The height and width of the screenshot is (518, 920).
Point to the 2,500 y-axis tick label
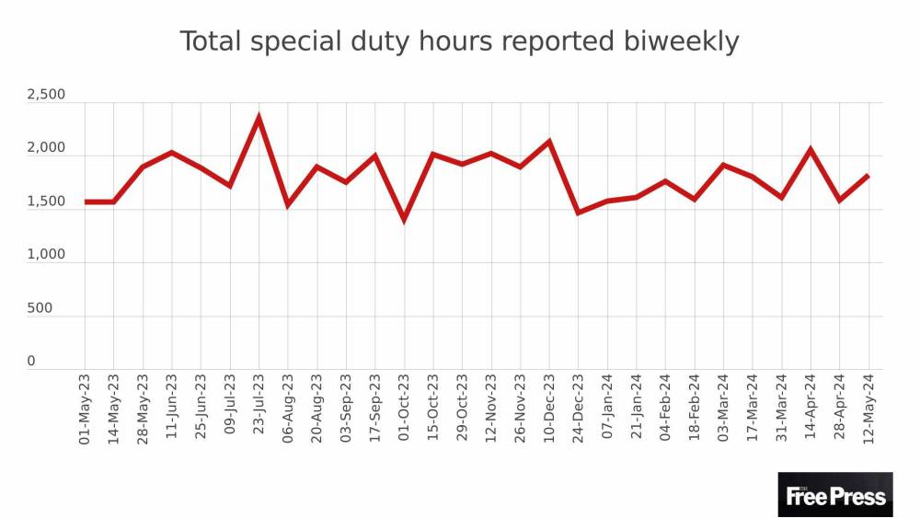pyautogui.click(x=46, y=95)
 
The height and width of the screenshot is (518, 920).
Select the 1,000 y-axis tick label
pyautogui.click(x=46, y=255)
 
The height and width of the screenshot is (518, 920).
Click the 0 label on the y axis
pyautogui.click(x=31, y=362)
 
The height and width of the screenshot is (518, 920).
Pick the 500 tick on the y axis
pyautogui.click(x=39, y=308)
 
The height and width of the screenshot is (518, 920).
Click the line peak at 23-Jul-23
pyautogui.click(x=259, y=117)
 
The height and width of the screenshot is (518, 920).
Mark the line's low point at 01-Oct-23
pyautogui.click(x=404, y=220)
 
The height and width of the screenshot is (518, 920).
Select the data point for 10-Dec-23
pyautogui.click(x=549, y=142)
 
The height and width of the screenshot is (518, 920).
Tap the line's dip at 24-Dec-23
pyautogui.click(x=578, y=213)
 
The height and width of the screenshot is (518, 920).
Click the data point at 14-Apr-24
pyautogui.click(x=811, y=149)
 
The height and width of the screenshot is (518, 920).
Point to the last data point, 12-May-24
pyautogui.click(x=868, y=176)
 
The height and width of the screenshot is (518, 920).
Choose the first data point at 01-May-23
pyautogui.click(x=85, y=201)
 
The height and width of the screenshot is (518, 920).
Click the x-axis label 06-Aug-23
pyautogui.click(x=288, y=409)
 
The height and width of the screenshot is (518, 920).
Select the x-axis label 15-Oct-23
pyautogui.click(x=433, y=409)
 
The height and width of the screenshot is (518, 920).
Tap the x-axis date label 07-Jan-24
pyautogui.click(x=607, y=409)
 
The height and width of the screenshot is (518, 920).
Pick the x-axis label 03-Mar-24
pyautogui.click(x=723, y=409)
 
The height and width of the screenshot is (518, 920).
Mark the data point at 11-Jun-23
pyautogui.click(x=172, y=153)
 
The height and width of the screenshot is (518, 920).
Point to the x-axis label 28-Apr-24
pyautogui.click(x=840, y=409)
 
